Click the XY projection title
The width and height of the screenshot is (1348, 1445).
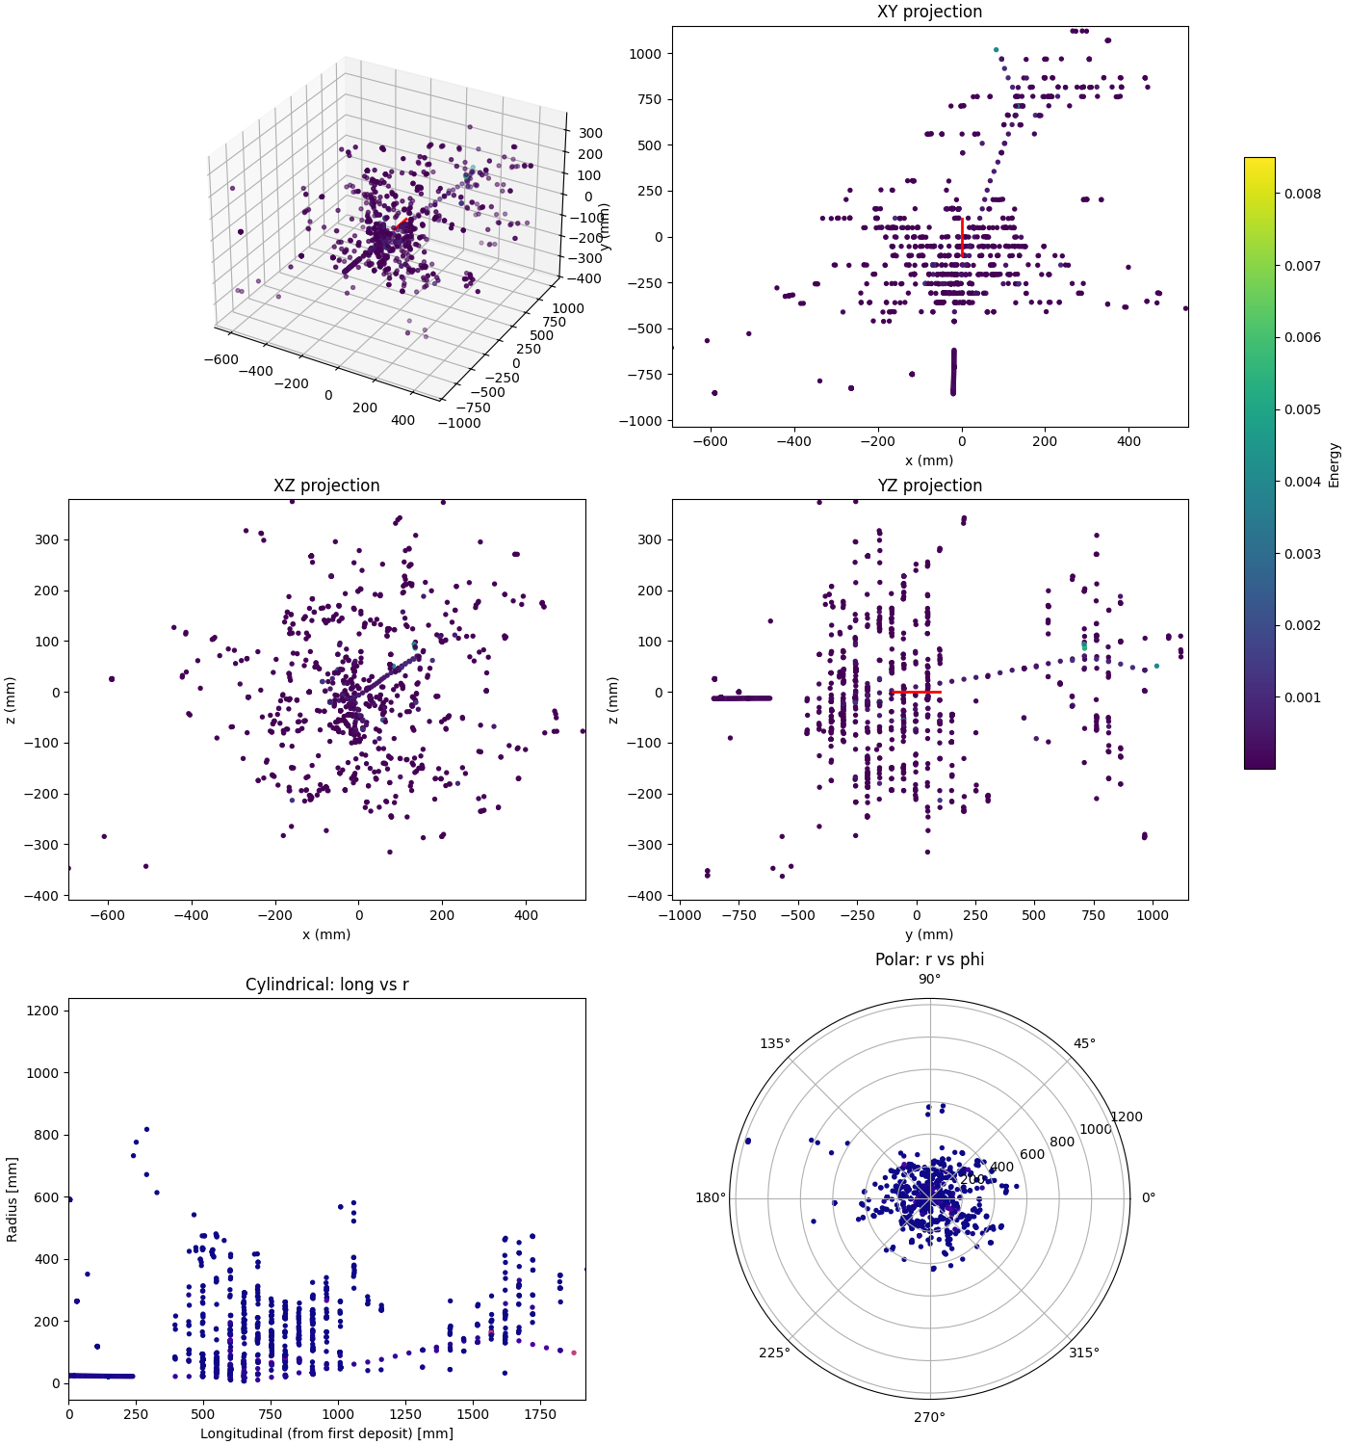(929, 12)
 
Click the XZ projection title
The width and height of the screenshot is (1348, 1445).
(326, 486)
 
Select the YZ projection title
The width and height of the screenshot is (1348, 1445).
(929, 486)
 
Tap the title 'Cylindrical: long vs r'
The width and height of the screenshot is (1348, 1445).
(326, 985)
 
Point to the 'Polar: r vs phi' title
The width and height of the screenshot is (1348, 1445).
(929, 959)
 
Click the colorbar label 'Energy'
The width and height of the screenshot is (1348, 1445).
(1334, 464)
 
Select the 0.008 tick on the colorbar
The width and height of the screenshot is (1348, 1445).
(1302, 194)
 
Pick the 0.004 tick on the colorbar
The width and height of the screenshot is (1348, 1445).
(1302, 482)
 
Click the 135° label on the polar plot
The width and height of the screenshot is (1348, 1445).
(775, 1043)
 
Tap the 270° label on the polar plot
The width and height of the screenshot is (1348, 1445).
(929, 1417)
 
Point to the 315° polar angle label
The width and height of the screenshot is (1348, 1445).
(1084, 1353)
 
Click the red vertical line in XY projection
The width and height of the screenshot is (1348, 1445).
(962, 237)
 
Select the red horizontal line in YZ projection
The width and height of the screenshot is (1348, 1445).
(916, 692)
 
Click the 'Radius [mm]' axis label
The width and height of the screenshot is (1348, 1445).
(13, 1198)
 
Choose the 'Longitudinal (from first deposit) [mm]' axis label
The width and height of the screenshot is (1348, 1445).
(326, 1433)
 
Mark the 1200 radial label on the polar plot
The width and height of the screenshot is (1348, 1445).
(1127, 1117)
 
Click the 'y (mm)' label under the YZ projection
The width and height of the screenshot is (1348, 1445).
(929, 934)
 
